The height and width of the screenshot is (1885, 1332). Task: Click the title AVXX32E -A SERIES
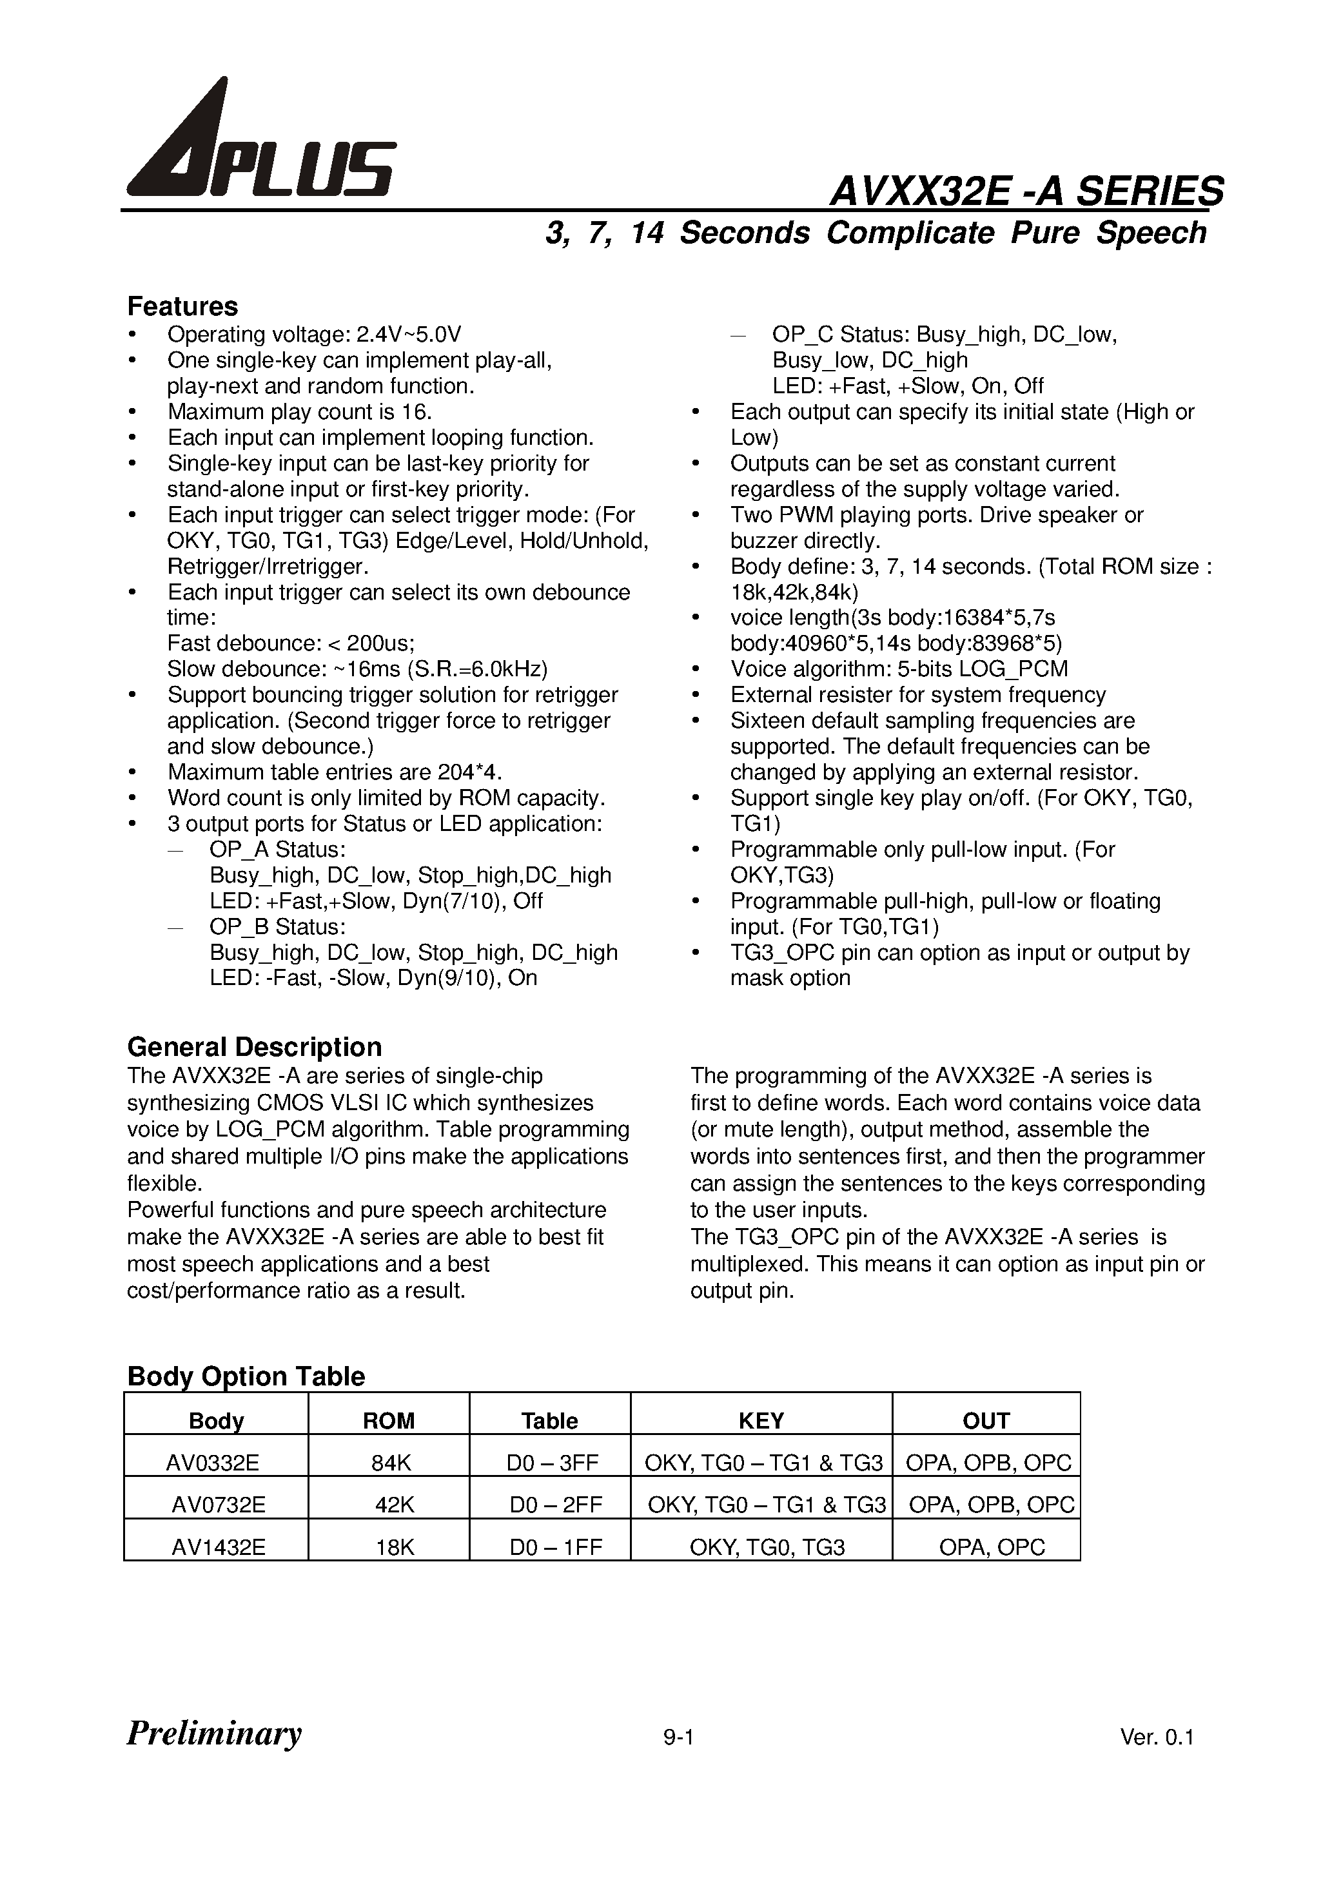(x=1026, y=192)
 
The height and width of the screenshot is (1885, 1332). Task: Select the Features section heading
(x=182, y=306)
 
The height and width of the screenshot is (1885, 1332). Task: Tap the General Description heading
(x=254, y=1047)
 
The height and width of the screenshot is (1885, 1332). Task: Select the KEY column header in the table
(x=761, y=1420)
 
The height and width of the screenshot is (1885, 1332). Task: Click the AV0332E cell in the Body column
(x=213, y=1462)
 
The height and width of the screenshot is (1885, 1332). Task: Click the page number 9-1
(x=679, y=1737)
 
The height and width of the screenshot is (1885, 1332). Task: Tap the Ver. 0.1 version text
(x=1156, y=1737)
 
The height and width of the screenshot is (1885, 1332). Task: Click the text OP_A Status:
(x=278, y=849)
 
